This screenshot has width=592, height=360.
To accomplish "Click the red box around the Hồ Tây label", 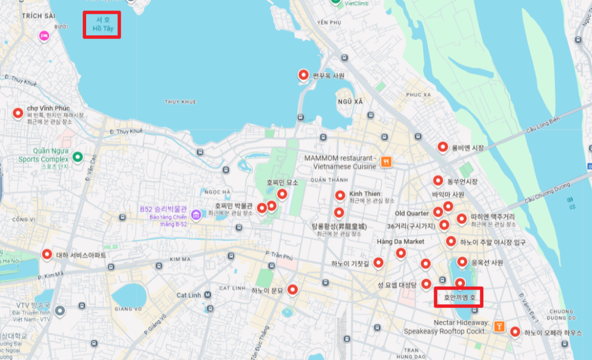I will [x=102, y=25].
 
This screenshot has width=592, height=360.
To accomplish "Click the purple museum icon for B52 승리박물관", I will [x=197, y=215].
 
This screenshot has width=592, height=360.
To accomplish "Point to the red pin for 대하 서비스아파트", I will [x=47, y=254].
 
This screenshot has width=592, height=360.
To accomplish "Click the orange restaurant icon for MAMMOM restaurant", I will [x=386, y=162].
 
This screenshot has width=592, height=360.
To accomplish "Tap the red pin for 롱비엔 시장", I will [x=443, y=147].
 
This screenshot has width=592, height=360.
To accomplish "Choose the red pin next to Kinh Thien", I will [x=339, y=195].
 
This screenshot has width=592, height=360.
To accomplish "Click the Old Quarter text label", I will [x=412, y=214].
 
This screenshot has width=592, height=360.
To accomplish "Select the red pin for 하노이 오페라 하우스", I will [x=515, y=332].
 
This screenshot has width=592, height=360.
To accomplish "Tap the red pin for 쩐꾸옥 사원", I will [x=303, y=75].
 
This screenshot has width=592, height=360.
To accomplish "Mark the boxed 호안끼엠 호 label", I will [x=458, y=298].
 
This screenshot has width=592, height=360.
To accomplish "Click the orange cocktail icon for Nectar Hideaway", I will [x=498, y=327].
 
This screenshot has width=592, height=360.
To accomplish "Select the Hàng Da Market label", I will [x=400, y=242].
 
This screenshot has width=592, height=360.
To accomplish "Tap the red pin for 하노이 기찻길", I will [x=378, y=263].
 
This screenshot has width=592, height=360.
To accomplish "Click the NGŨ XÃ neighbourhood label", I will [x=350, y=101].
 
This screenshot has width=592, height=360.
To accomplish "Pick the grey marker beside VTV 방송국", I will [x=60, y=311].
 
